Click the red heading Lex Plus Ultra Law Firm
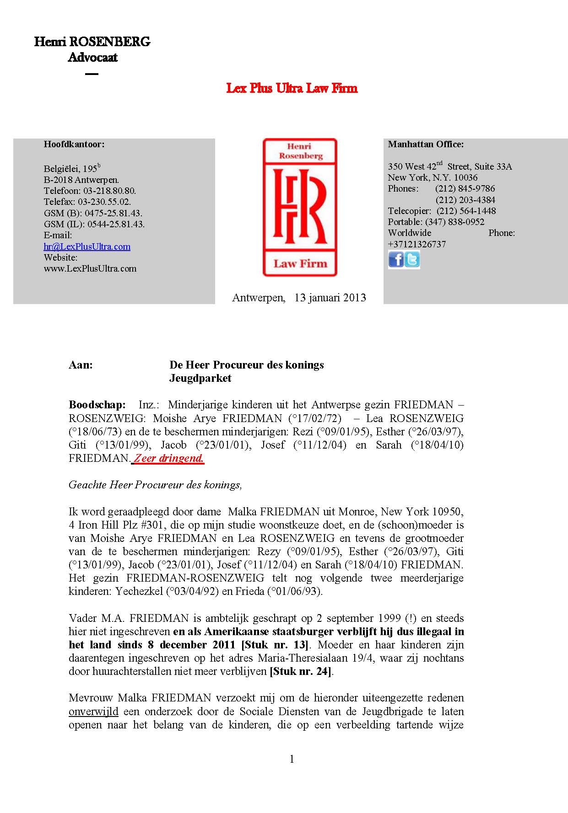click(292, 88)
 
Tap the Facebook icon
click(396, 260)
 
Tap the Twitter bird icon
click(412, 260)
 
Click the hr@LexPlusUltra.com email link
click(87, 246)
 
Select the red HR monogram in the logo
click(300, 205)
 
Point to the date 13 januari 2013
click(330, 298)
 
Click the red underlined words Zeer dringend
click(168, 458)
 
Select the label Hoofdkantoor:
click(74, 144)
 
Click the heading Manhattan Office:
click(426, 144)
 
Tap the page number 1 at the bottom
click(292, 759)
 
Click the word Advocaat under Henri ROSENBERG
click(92, 58)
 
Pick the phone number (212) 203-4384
click(465, 200)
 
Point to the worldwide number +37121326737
click(417, 244)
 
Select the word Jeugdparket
click(200, 378)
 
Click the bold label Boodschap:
click(97, 405)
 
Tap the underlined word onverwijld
click(93, 711)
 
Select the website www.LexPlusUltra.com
click(90, 268)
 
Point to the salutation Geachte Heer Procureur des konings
click(155, 485)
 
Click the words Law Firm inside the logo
click(300, 263)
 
